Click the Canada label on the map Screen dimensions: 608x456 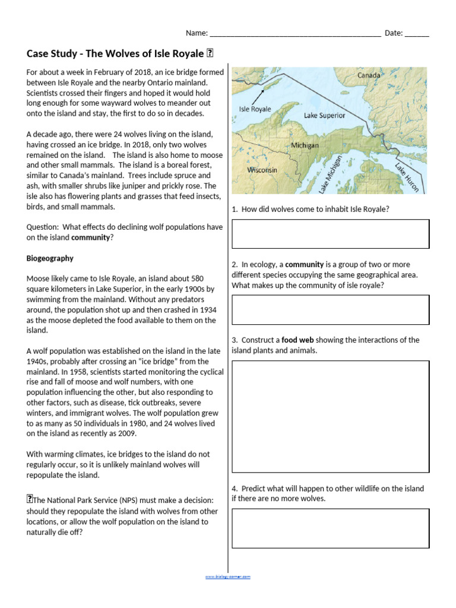(368, 75)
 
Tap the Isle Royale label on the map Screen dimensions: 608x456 (255, 109)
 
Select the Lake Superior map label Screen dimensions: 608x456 (324, 115)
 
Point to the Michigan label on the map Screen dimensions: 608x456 (305, 145)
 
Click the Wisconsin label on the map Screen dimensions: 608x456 (262, 170)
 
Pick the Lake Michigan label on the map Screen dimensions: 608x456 (330, 174)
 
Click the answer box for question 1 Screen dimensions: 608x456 (330, 233)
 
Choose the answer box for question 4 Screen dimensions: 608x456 (330, 528)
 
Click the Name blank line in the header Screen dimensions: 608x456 (295, 33)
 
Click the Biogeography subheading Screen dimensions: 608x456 (50, 258)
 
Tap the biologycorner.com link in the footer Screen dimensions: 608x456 (228, 577)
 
